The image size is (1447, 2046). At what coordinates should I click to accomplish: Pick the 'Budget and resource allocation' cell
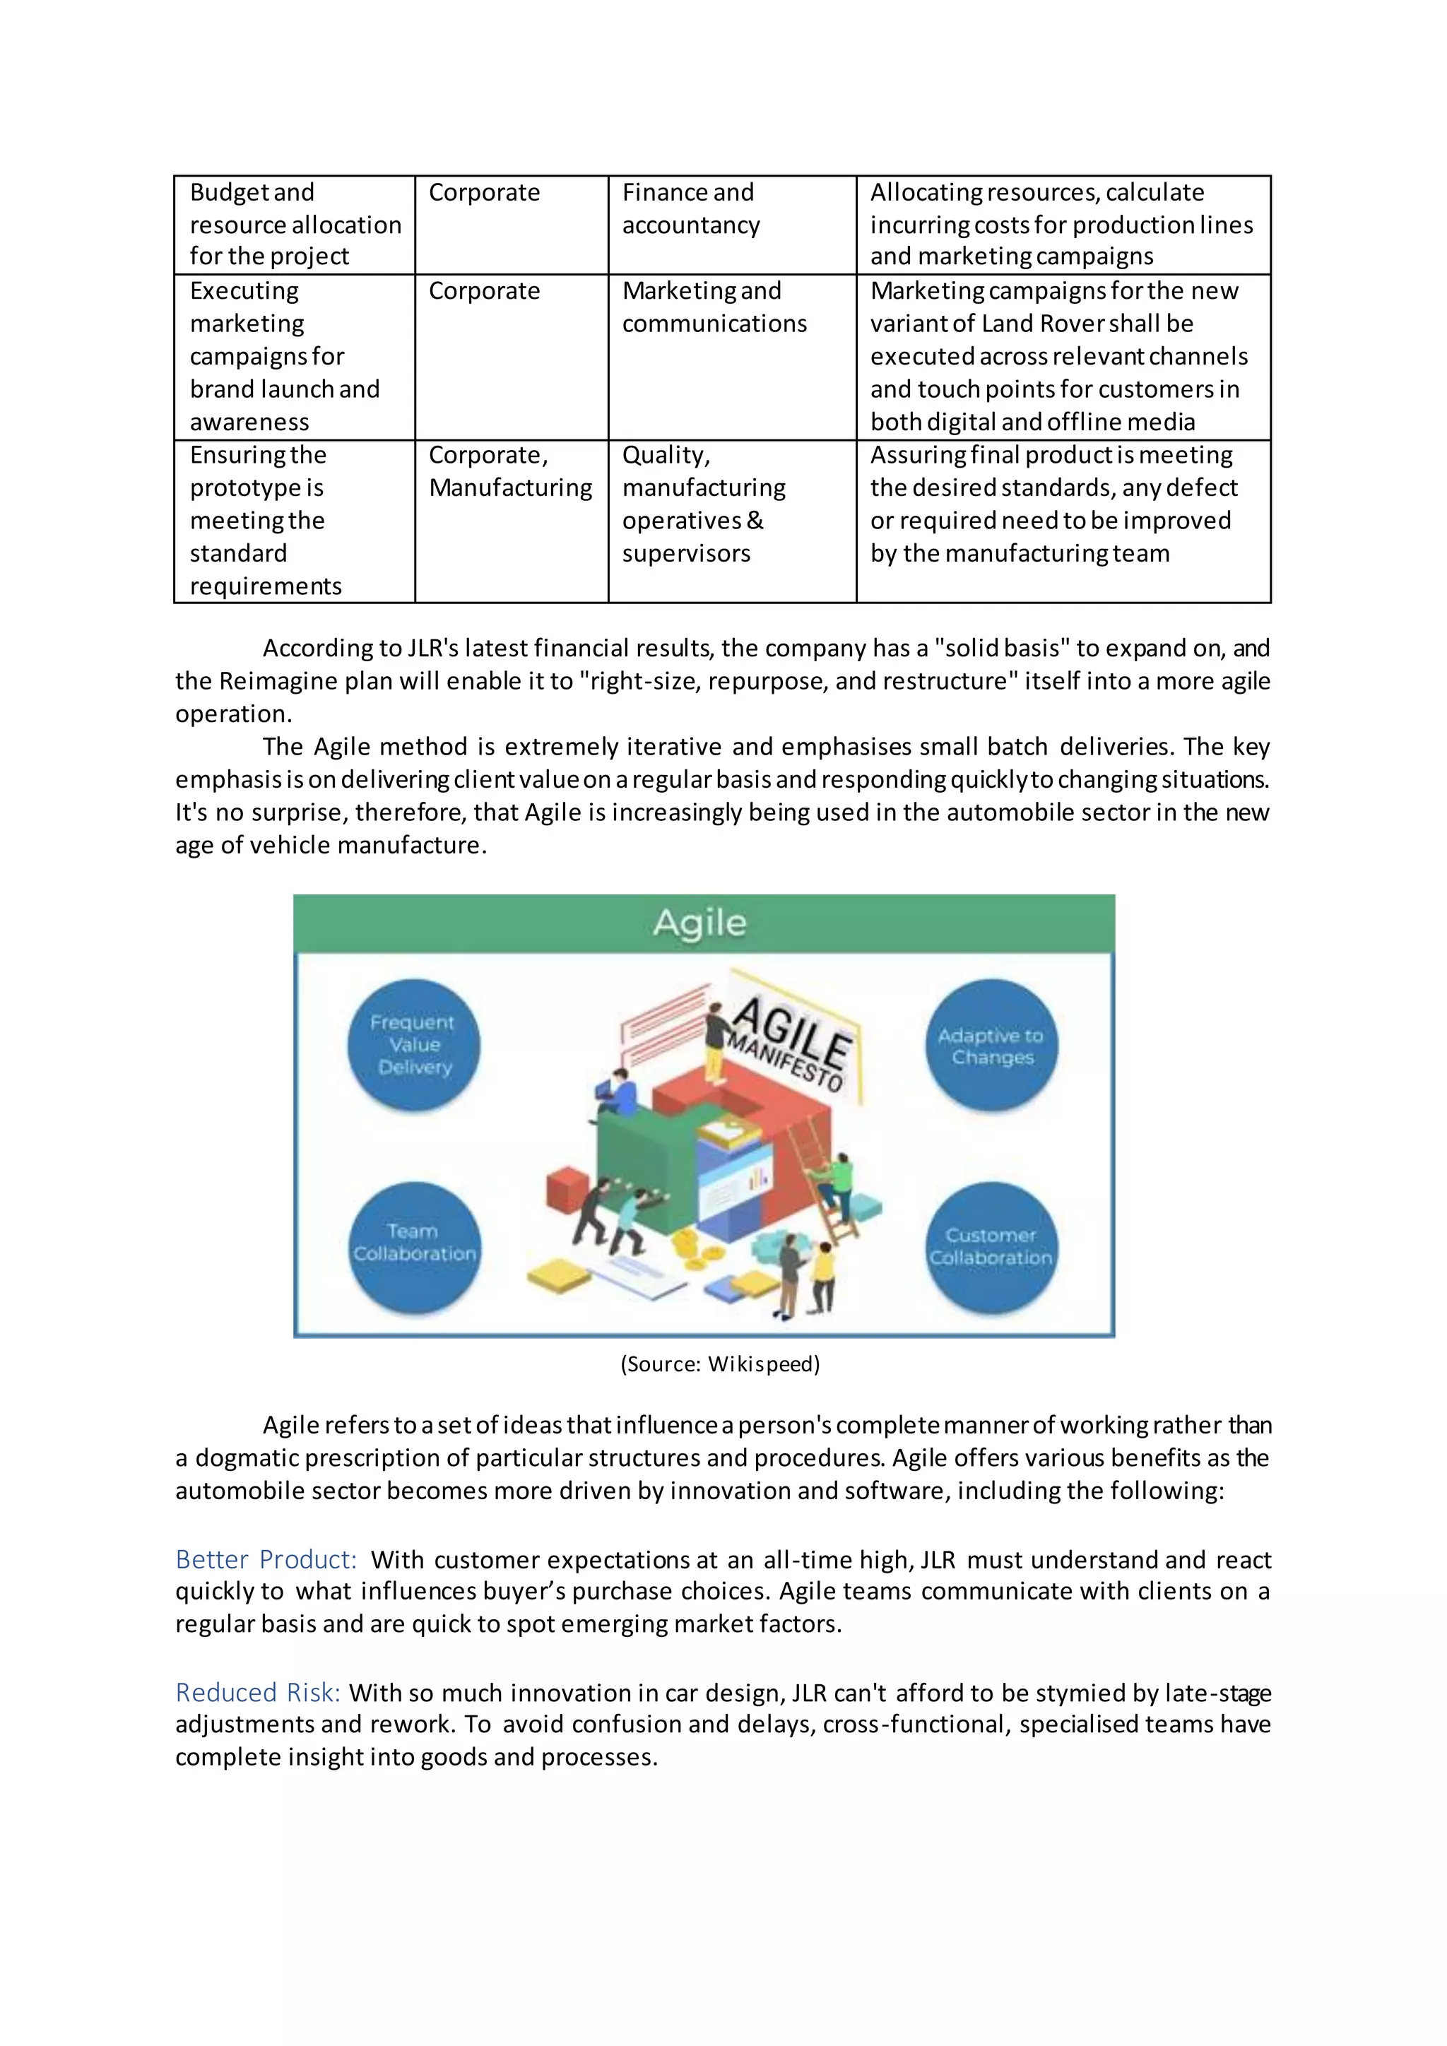tap(295, 224)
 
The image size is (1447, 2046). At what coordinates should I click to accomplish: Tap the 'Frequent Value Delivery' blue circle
tap(413, 1046)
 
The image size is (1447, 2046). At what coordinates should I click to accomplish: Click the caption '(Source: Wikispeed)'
tap(720, 1364)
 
